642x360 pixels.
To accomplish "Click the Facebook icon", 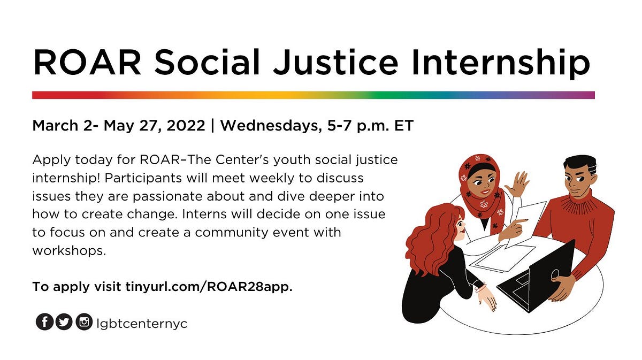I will click(x=44, y=321).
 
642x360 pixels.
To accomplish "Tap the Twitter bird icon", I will click(x=64, y=321).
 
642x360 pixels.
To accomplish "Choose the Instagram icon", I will click(x=84, y=321).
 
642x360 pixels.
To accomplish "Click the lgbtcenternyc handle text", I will click(x=142, y=323).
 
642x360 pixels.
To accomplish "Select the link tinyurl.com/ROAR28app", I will click(x=209, y=287).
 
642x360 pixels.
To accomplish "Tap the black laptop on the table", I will click(x=538, y=275).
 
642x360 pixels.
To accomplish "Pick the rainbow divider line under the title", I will click(x=313, y=95).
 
